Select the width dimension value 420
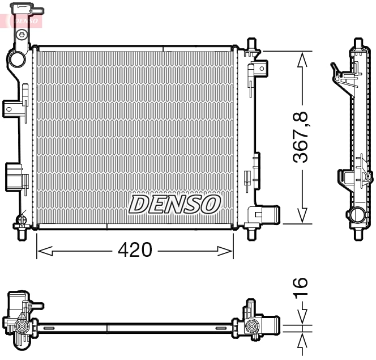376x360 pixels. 135,250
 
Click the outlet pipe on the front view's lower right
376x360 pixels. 268,216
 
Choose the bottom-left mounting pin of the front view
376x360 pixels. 23,234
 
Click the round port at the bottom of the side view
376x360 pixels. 357,215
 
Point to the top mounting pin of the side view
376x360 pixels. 358,44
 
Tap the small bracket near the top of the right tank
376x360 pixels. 260,69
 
